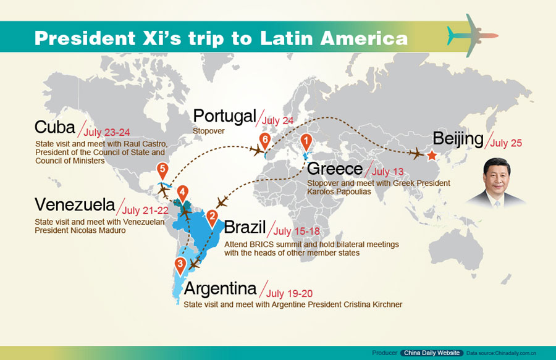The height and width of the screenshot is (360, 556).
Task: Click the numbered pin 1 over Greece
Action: point(305,141)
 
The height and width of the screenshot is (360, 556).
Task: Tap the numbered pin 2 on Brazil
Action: point(212,216)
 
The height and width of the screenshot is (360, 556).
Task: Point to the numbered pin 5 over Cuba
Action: point(162,169)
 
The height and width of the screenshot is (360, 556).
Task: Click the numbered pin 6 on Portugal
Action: point(265,140)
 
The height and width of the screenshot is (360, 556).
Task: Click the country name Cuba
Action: point(54,127)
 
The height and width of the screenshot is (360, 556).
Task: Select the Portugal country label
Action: point(224,115)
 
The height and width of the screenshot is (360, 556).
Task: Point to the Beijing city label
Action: point(458,139)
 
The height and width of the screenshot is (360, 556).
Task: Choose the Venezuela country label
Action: point(75,204)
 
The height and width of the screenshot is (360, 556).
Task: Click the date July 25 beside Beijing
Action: point(507,143)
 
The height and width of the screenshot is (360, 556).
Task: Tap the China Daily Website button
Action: point(432,353)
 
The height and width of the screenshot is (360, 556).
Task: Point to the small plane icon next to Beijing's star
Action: point(415,153)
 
